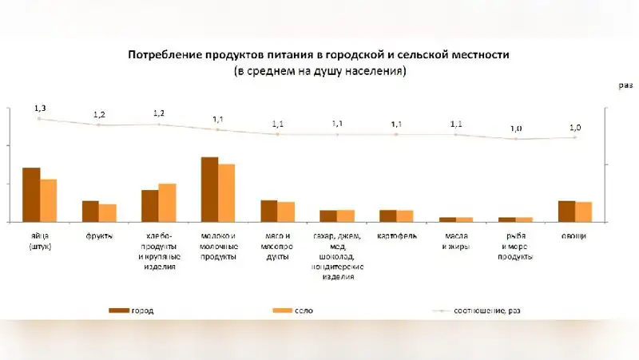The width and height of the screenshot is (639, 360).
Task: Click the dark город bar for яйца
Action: pyautogui.click(x=31, y=195)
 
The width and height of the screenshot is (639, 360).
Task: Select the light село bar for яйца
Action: pyautogui.click(x=49, y=200)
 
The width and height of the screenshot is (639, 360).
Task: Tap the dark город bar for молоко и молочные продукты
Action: pyautogui.click(x=209, y=189)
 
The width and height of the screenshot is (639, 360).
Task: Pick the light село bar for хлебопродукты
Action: pyautogui.click(x=168, y=203)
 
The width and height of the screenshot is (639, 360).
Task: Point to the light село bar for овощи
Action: pyautogui.click(x=584, y=212)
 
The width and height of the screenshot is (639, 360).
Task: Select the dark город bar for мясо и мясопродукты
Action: pyautogui.click(x=269, y=211)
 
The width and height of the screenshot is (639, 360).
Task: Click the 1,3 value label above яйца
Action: pyautogui.click(x=40, y=107)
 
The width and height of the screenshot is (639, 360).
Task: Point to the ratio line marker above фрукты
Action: pyautogui.click(x=99, y=125)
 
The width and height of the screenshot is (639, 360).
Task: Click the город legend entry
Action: pyautogui.click(x=132, y=311)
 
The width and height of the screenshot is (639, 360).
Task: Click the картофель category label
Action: pyautogui.click(x=397, y=236)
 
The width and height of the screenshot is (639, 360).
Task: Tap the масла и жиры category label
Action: pyautogui.click(x=456, y=241)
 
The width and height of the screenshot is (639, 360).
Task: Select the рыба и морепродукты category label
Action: pyautogui.click(x=516, y=246)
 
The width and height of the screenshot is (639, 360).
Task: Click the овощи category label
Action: pyautogui.click(x=574, y=236)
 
